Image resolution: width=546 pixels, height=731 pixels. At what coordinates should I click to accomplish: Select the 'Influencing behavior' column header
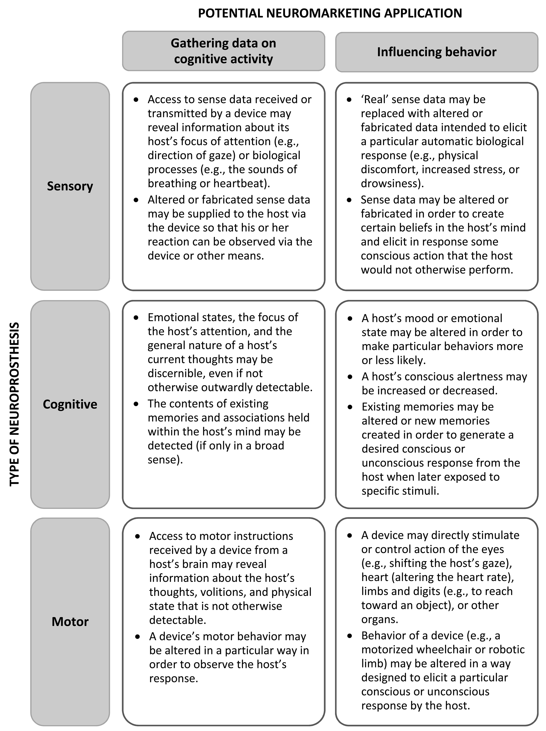(x=436, y=52)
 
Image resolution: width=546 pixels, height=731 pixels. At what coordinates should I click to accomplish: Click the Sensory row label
(x=70, y=186)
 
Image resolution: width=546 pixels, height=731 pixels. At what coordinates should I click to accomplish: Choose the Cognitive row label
(x=70, y=404)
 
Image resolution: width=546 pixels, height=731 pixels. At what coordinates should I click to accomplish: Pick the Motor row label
(x=70, y=622)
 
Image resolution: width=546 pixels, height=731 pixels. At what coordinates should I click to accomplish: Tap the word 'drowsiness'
(x=391, y=183)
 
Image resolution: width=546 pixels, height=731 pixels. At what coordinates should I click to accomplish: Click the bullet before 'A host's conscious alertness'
(x=350, y=377)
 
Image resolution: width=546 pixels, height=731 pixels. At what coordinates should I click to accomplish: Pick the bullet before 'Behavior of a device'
(x=350, y=636)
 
